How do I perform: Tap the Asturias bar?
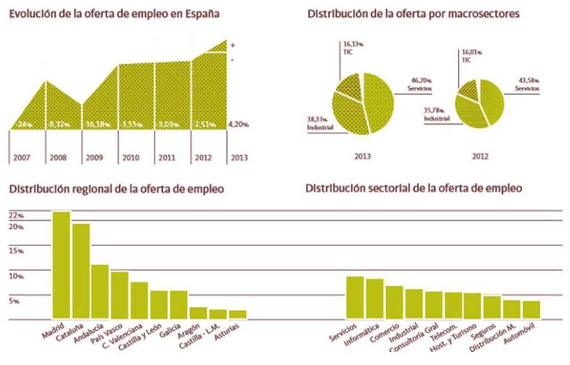237,314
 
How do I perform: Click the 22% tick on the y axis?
15,227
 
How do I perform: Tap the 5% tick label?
14,301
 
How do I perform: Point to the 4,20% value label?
238,123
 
